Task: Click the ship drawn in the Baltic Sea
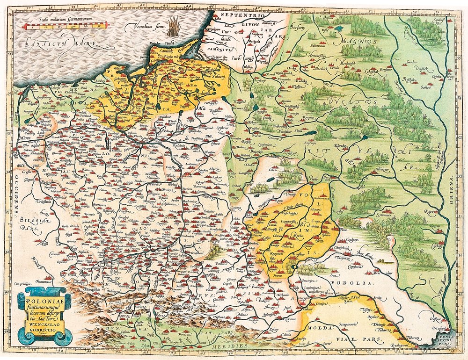tap(175, 25)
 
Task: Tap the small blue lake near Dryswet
tap(338, 29)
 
